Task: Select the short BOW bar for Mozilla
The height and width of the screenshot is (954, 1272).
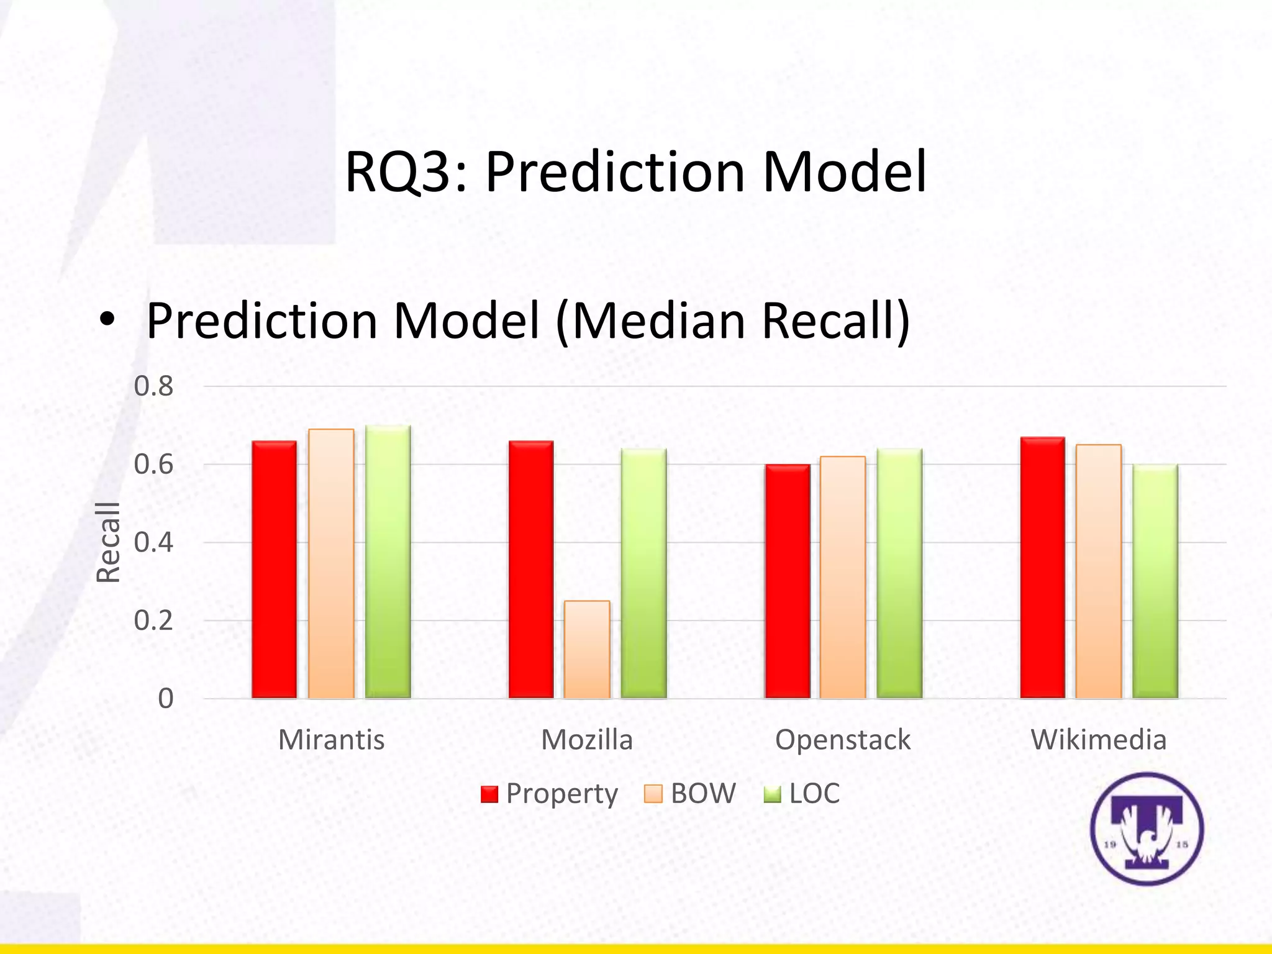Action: point(587,649)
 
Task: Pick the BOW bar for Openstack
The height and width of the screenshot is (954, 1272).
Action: point(843,577)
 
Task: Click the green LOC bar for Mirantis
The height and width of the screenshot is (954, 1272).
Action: point(388,561)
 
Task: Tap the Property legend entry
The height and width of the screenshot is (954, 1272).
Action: point(550,793)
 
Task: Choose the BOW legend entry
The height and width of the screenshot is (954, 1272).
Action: point(690,793)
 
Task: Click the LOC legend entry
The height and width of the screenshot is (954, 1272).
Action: point(802,793)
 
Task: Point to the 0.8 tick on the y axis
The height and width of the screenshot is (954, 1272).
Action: point(153,386)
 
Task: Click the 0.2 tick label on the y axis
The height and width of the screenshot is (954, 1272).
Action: point(153,620)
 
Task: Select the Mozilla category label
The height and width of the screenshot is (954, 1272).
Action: point(587,740)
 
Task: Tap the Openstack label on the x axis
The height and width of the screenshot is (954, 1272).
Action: point(843,740)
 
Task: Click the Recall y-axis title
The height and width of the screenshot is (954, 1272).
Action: point(108,542)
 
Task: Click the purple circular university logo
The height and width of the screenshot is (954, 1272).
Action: point(1147,829)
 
